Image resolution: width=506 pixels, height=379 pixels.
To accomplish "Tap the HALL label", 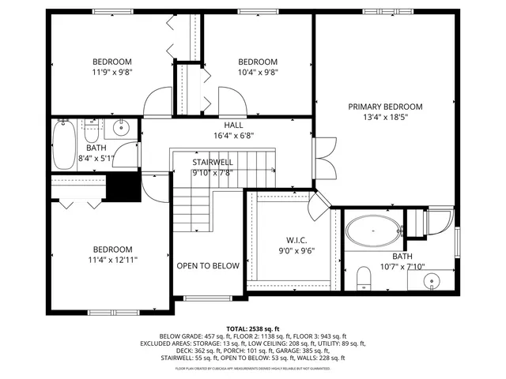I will [x=233, y=125].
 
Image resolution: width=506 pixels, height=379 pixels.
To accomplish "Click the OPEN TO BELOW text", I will [x=207, y=266].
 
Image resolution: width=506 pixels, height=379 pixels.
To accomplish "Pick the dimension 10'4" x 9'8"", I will [x=258, y=73].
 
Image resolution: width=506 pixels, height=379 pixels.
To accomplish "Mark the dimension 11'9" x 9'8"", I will [x=111, y=73].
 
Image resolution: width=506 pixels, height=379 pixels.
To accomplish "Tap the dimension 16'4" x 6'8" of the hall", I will [x=233, y=135].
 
